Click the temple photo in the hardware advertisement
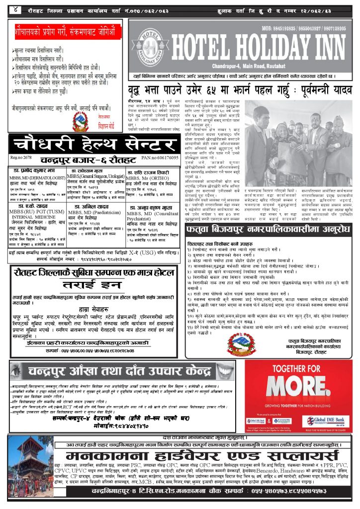point(28,478)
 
